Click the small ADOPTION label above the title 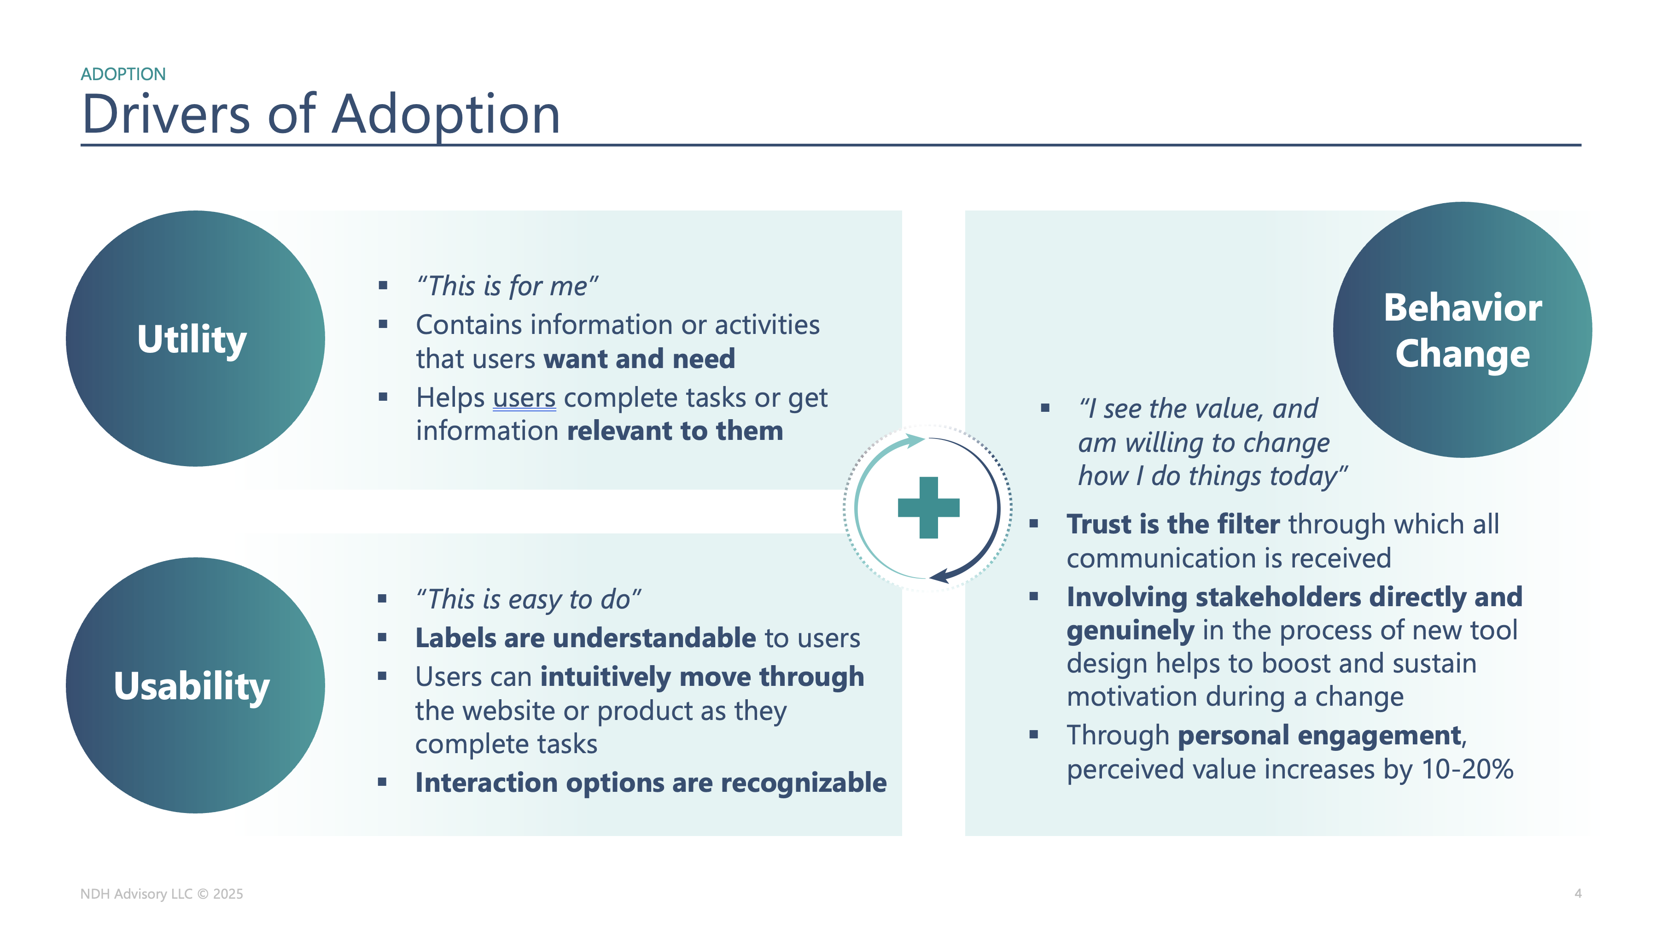[123, 75]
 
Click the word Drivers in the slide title [166, 115]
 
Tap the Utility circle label [192, 339]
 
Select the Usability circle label [192, 686]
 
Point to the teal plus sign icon [928, 508]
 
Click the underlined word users [524, 398]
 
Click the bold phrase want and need [639, 359]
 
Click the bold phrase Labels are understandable [586, 638]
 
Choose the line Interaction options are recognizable [650, 783]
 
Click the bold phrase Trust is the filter [1172, 524]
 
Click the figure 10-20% [1467, 770]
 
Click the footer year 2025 [228, 894]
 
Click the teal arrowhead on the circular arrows [915, 441]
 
